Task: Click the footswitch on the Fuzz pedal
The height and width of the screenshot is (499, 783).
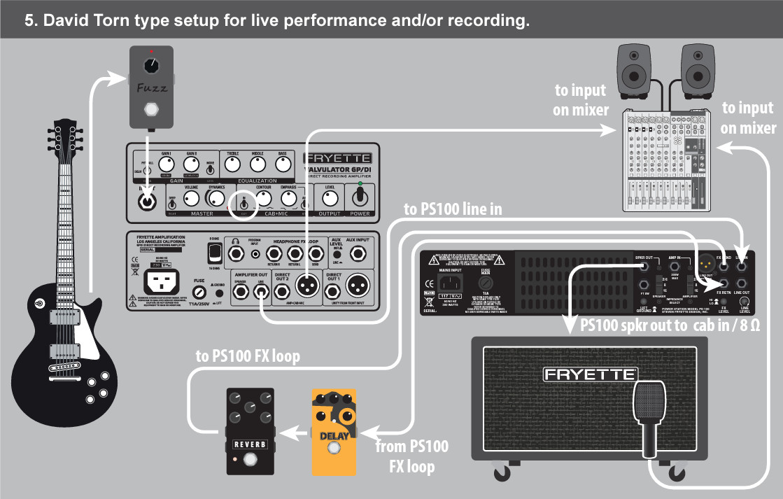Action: [x=150, y=110]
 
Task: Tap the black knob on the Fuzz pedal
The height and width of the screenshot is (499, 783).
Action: [x=150, y=66]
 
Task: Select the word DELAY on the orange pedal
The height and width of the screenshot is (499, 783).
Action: [x=334, y=437]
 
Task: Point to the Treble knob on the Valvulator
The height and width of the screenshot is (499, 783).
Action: [x=233, y=164]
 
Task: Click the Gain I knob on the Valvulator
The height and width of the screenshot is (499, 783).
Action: [x=166, y=164]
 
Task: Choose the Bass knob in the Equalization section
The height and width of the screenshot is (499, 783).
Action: [x=283, y=164]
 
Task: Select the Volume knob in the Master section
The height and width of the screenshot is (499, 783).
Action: [x=191, y=199]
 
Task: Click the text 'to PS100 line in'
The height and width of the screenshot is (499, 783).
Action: [x=453, y=209]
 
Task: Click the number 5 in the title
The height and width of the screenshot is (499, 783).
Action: [x=29, y=20]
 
